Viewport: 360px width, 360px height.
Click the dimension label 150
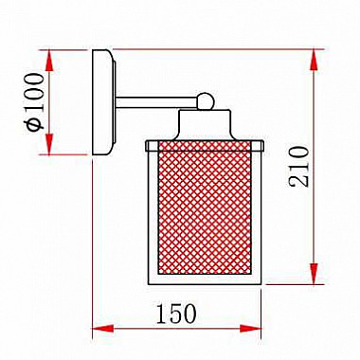click(x=176, y=313)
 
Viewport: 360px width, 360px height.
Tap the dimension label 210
click(x=298, y=167)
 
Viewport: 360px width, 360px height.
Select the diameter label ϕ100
click(x=35, y=102)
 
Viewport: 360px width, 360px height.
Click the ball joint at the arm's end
click(x=206, y=101)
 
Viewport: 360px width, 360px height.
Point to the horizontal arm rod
click(x=157, y=102)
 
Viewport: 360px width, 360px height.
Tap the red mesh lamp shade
click(x=205, y=207)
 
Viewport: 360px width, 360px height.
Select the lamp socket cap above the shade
click(x=205, y=124)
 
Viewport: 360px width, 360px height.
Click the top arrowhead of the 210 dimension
click(x=314, y=60)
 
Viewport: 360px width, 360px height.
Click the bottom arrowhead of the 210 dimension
click(x=314, y=274)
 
